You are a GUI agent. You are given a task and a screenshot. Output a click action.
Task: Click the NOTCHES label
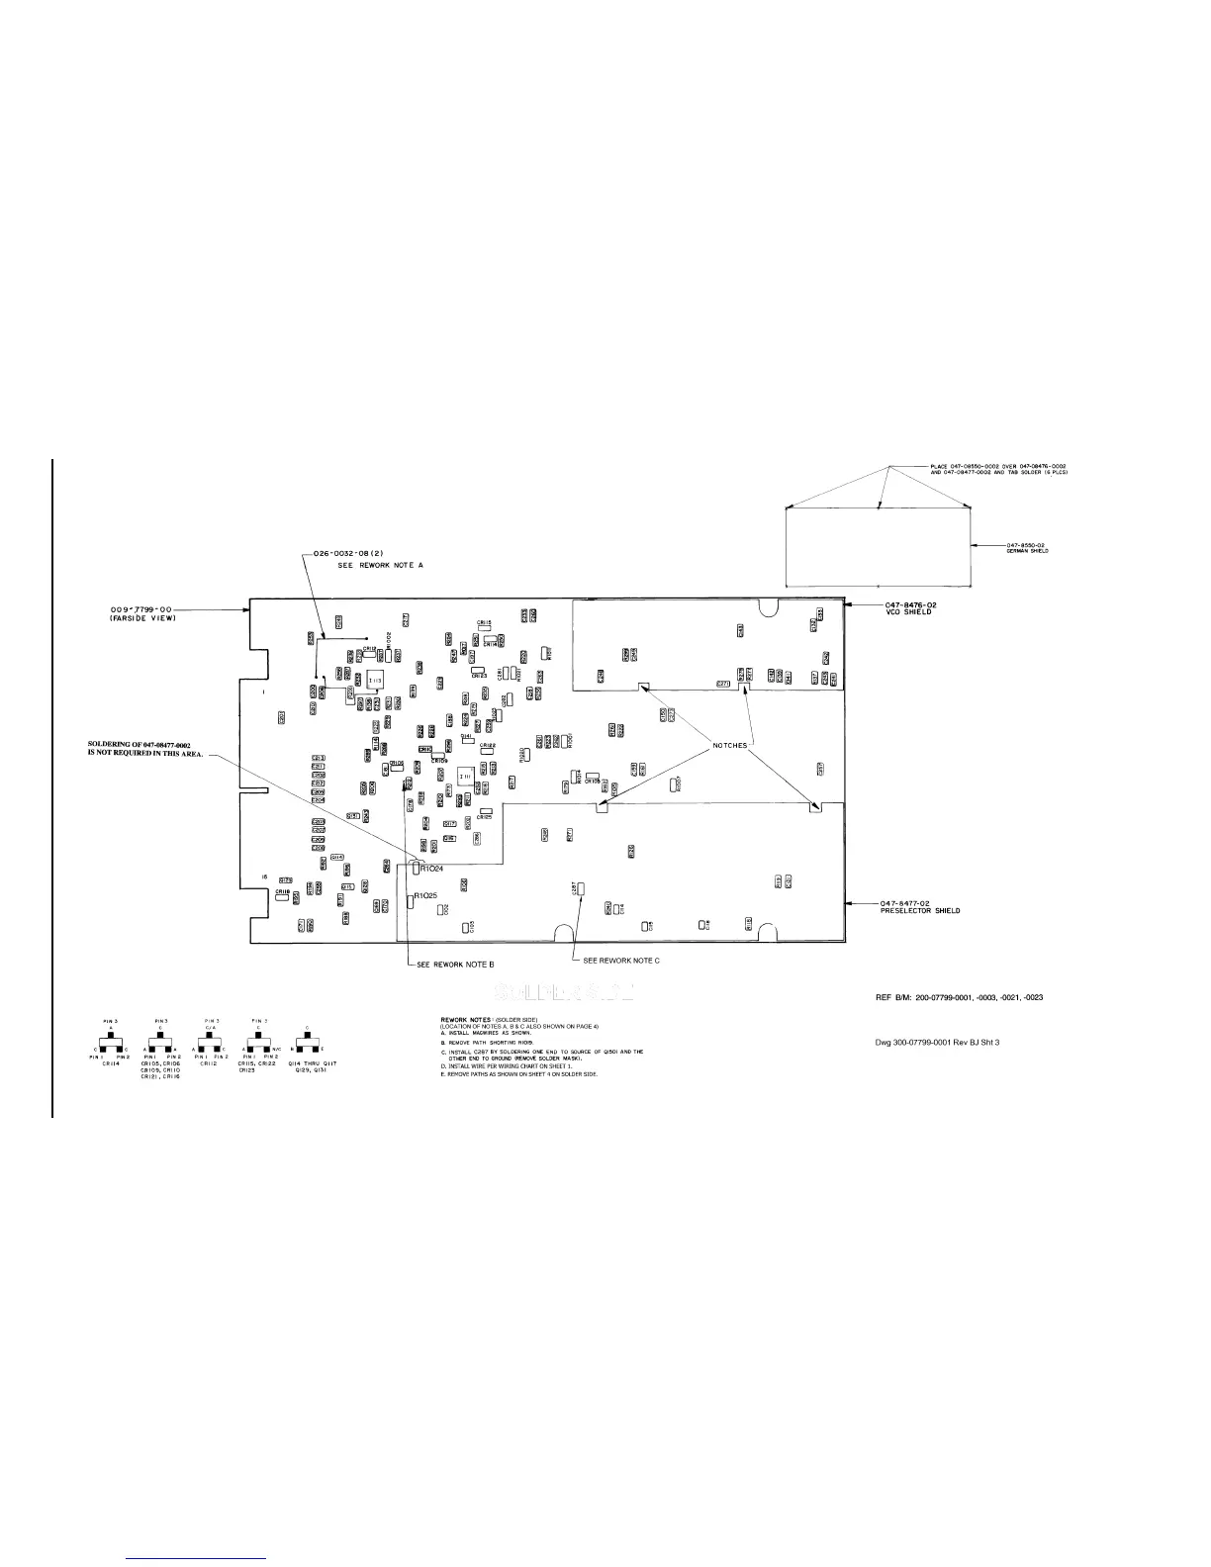730,745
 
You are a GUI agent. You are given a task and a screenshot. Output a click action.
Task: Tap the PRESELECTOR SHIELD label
920,910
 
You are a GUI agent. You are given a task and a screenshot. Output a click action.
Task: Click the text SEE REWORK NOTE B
455,963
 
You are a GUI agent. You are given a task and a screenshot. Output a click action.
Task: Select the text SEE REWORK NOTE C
621,961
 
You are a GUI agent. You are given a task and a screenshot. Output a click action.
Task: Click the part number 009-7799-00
141,609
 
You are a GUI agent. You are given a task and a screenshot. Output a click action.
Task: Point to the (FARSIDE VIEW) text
142,618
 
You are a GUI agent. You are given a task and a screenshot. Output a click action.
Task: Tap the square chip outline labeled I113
375,681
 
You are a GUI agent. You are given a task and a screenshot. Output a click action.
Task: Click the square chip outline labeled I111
464,777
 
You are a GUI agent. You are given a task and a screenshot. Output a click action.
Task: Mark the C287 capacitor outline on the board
582,889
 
